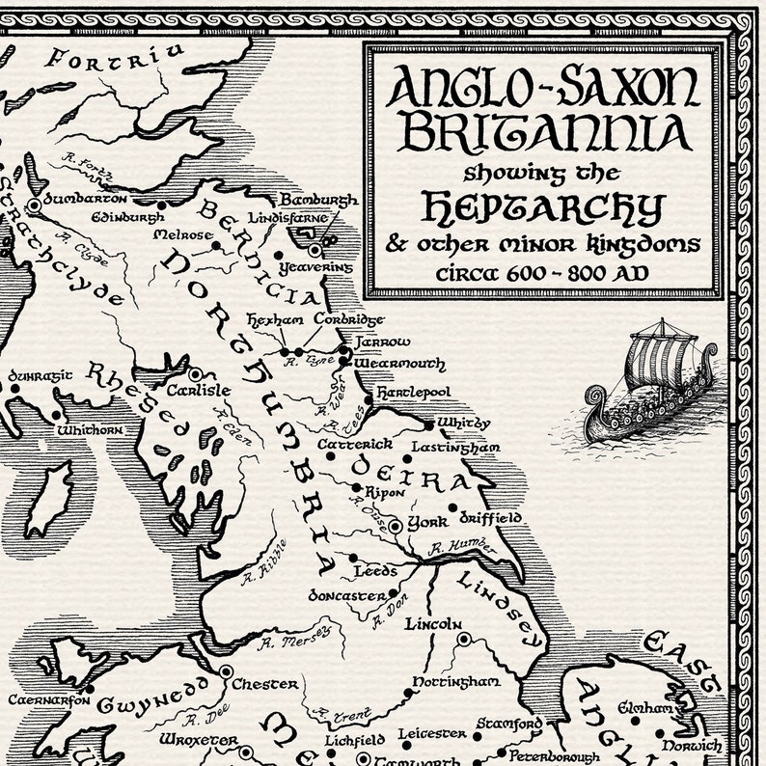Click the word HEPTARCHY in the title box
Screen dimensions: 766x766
click(543, 206)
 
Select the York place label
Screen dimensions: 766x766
click(427, 522)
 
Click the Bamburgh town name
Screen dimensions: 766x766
click(318, 200)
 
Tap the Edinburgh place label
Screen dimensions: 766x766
click(127, 217)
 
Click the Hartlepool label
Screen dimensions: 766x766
click(413, 394)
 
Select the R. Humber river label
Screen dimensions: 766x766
click(462, 547)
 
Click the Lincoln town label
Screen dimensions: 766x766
click(433, 624)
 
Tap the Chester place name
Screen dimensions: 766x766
click(265, 684)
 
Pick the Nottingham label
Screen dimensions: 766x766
click(456, 682)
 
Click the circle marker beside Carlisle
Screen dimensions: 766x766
click(195, 373)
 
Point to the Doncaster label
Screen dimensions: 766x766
click(346, 595)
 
